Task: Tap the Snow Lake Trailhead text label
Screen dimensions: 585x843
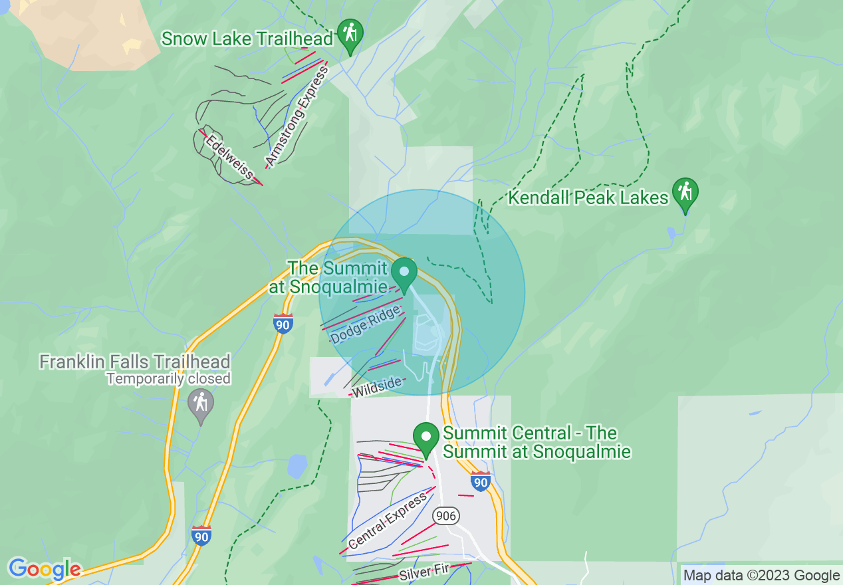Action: [247, 39]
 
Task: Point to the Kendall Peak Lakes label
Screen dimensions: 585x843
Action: [588, 197]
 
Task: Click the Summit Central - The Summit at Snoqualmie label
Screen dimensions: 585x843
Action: [536, 442]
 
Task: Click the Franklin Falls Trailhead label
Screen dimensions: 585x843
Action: [135, 362]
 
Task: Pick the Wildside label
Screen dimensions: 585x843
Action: [376, 387]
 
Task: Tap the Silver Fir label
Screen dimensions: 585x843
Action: [424, 571]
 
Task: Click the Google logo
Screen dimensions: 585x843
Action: [45, 569]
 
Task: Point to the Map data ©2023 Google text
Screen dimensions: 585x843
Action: [761, 576]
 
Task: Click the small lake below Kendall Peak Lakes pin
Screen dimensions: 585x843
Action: [671, 233]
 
